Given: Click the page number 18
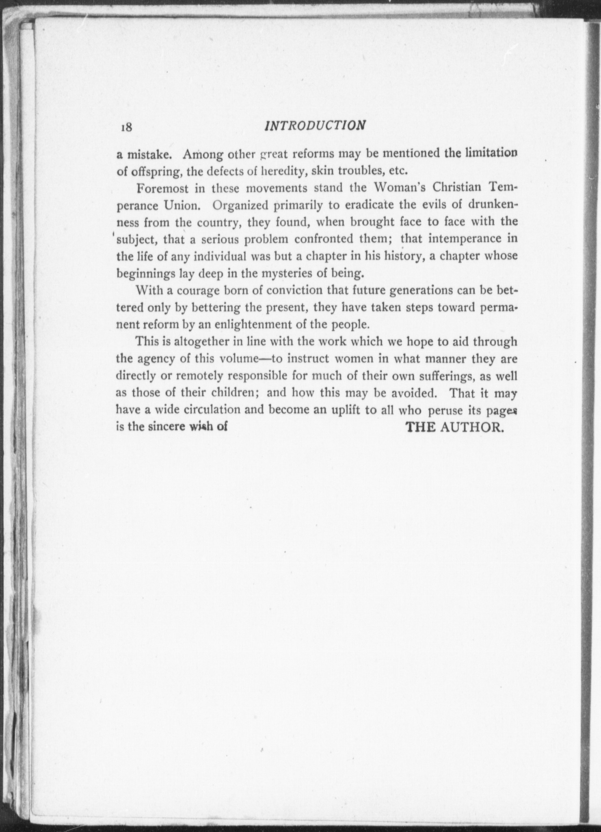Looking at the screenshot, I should click(x=126, y=127).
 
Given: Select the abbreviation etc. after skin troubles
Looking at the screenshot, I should click(x=398, y=171).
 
